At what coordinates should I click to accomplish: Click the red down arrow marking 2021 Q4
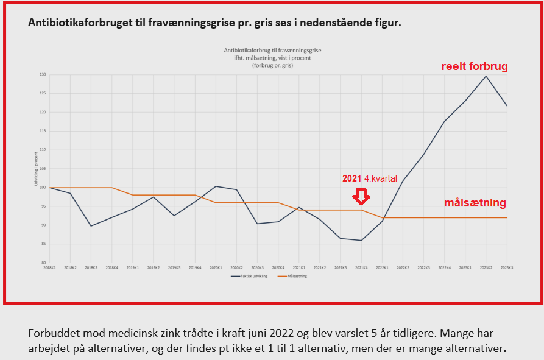(362, 196)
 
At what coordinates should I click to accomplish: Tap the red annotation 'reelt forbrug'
(475, 66)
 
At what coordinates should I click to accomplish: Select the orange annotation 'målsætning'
(475, 203)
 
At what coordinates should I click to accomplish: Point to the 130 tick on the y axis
(43, 75)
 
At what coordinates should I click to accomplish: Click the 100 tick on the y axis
(43, 188)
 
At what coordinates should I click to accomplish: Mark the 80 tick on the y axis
(43, 263)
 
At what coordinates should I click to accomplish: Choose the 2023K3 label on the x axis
(507, 268)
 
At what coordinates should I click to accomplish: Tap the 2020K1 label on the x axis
(216, 268)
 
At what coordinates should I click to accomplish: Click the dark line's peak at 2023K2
(486, 76)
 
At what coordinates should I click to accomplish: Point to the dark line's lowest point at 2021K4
(361, 240)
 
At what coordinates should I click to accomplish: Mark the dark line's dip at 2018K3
(91, 226)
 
